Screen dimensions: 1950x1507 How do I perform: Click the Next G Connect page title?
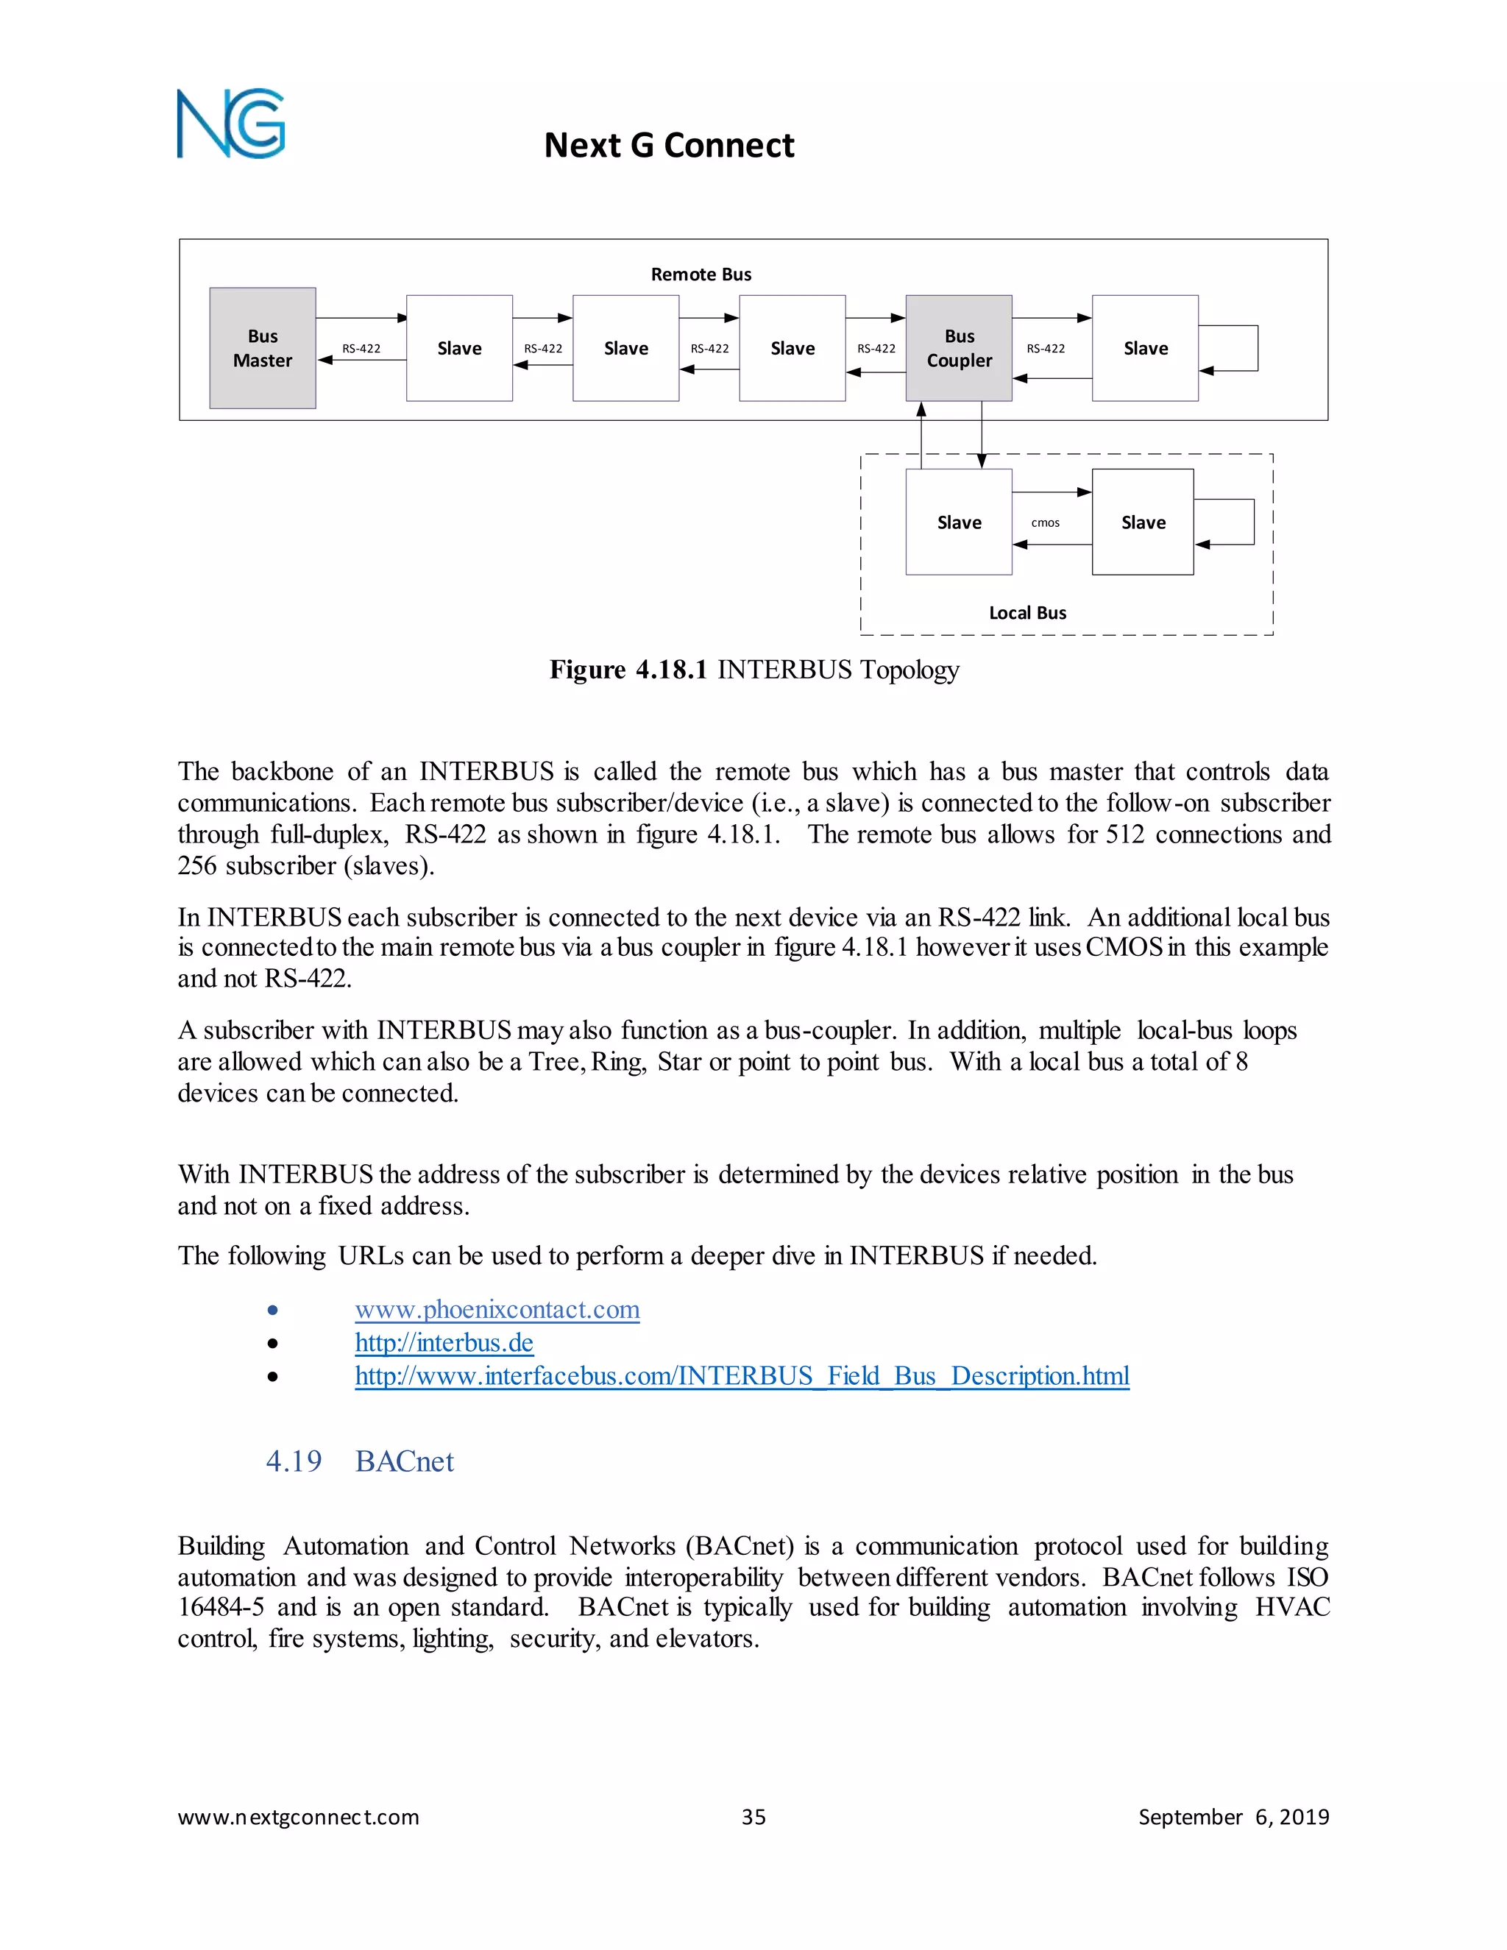pos(669,146)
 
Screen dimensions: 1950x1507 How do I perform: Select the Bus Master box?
pos(263,348)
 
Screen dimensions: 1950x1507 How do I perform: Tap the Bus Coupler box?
pos(959,348)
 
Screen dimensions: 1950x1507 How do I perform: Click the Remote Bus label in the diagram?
pos(701,274)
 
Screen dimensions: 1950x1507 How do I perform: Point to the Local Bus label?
pos(1026,612)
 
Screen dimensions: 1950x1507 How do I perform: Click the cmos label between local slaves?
pos(1046,522)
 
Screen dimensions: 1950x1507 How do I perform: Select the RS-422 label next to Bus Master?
pos(361,348)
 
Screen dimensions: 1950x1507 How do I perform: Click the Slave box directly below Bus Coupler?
pos(959,522)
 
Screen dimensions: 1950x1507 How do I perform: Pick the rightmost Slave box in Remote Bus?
pos(1146,348)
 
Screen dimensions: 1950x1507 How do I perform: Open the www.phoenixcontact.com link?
pos(497,1310)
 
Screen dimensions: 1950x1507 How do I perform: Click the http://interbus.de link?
pos(444,1343)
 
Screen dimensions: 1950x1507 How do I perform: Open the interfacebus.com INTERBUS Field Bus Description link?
pos(742,1376)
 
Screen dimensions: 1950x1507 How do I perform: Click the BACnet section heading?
pos(405,1461)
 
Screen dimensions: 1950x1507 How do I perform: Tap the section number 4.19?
pos(294,1461)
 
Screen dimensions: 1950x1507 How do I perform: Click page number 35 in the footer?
pos(753,1817)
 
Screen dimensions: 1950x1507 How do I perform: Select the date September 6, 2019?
pos(1233,1817)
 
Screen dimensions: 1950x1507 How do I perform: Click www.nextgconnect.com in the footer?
pos(298,1817)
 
